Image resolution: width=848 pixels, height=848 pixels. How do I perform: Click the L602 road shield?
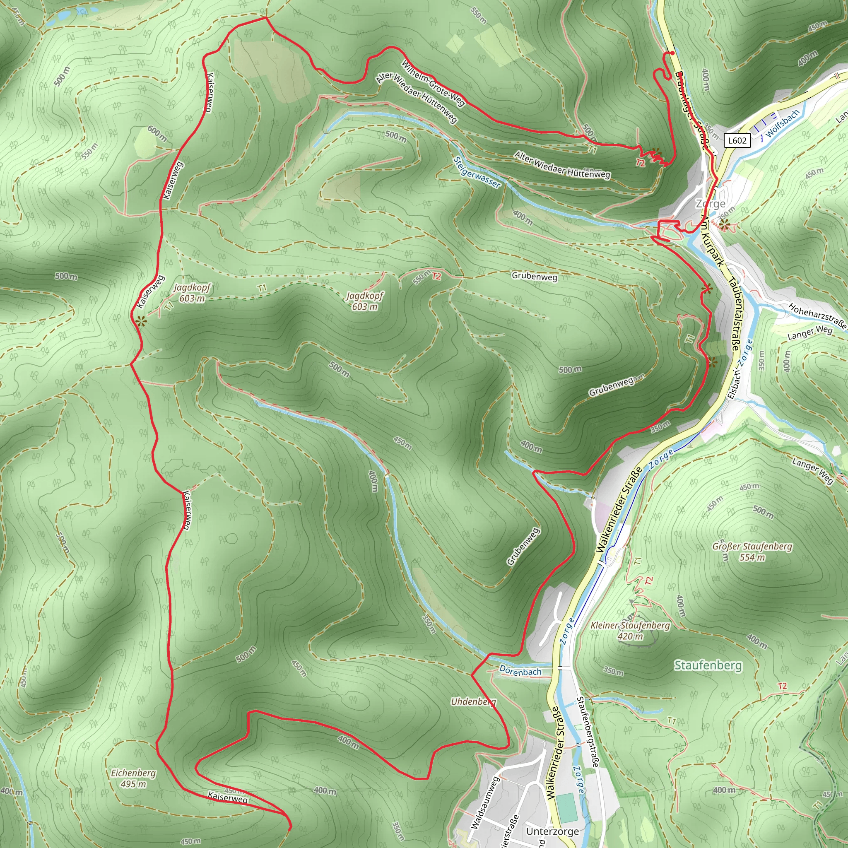(737, 140)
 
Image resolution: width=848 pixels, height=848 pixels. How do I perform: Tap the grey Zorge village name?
(711, 204)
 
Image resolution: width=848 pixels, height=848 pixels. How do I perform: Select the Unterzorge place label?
(552, 831)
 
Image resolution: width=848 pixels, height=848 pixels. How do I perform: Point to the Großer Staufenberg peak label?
(752, 552)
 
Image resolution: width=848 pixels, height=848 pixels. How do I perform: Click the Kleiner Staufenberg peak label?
(630, 630)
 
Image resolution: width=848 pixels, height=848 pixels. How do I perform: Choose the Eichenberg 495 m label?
(133, 778)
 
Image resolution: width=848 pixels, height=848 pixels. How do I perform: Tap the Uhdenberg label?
(473, 702)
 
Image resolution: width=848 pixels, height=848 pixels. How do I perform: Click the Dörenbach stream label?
(520, 671)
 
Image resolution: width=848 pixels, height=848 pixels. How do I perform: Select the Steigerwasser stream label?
(477, 173)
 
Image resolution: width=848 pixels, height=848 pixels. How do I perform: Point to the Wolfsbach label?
(783, 123)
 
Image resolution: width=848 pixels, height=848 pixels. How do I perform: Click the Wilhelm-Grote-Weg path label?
(433, 83)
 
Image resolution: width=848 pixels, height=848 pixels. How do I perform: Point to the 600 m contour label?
(157, 133)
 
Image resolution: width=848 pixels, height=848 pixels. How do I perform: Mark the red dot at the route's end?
(672, 53)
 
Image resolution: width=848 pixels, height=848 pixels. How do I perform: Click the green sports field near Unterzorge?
(568, 807)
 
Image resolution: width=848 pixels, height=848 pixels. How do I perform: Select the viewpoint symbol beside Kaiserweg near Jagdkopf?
(140, 321)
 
